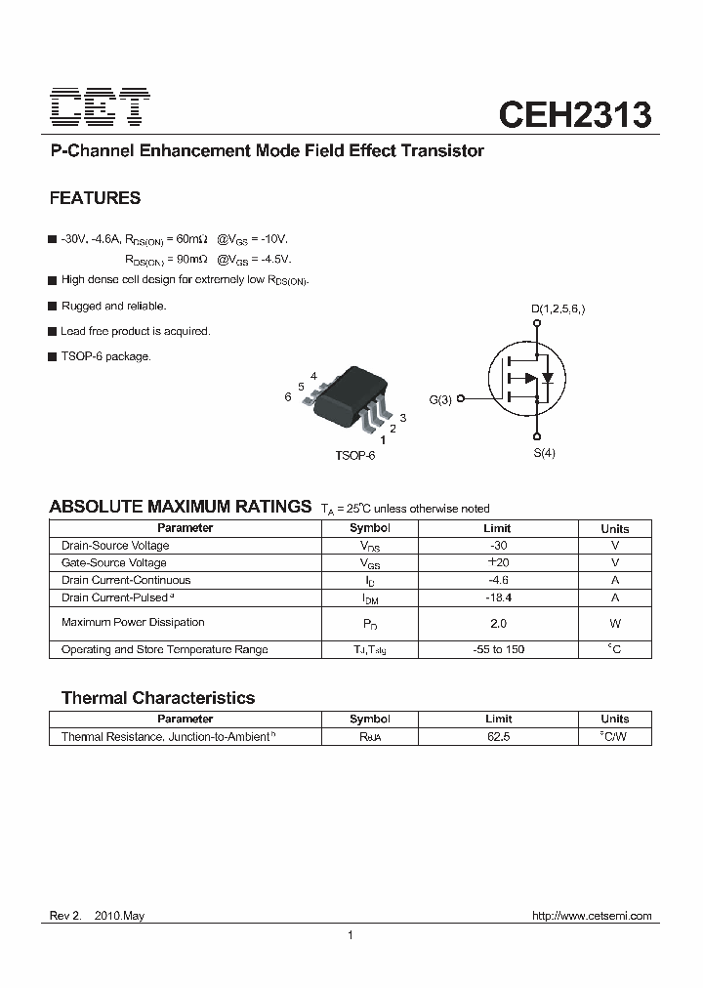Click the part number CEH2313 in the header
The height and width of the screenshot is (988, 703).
pos(575,114)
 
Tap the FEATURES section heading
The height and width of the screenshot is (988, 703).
pos(95,198)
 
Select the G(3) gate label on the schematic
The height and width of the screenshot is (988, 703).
pos(440,399)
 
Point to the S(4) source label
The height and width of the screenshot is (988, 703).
pos(544,453)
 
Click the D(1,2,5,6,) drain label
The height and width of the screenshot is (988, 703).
pos(558,310)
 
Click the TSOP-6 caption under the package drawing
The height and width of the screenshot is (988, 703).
pos(354,456)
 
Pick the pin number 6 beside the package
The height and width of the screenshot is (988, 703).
pos(288,397)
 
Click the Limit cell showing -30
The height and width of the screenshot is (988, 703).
pos(498,546)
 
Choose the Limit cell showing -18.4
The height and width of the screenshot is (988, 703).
pos(498,597)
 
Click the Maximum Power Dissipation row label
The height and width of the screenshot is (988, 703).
pos(133,623)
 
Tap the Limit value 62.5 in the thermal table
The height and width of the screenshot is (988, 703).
pos(498,737)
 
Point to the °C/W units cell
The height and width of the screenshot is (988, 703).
pos(614,737)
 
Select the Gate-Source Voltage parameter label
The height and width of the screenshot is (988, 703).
pos(113,563)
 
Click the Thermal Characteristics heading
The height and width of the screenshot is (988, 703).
pos(158,698)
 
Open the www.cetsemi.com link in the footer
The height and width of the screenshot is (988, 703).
pos(592,917)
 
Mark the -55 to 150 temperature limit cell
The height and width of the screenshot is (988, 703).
pos(498,650)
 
